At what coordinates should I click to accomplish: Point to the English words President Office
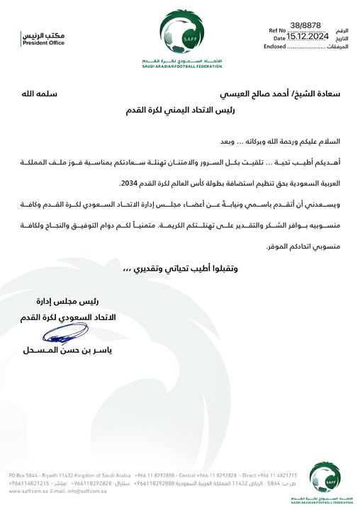click(43, 43)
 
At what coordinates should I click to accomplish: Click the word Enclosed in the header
click(274, 46)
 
